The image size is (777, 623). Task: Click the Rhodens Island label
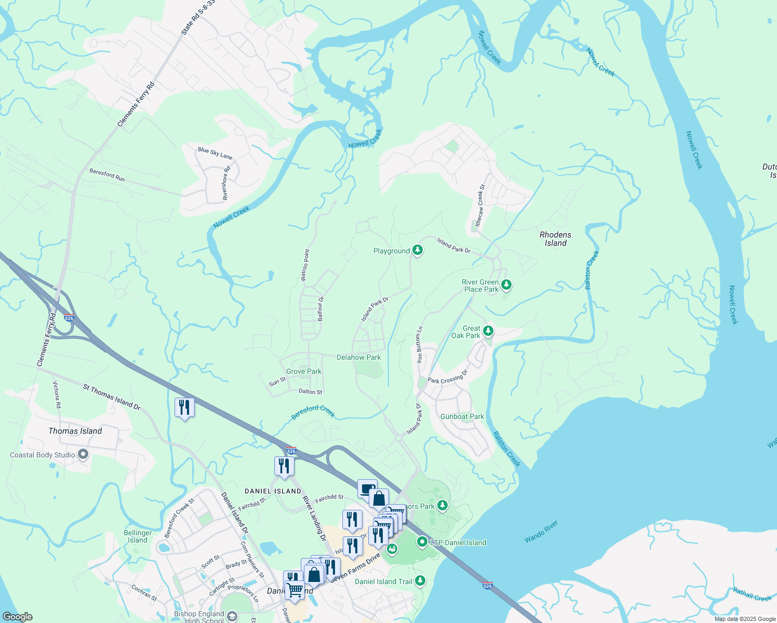555,239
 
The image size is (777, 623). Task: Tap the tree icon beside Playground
418,250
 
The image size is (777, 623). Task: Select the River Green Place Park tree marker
506,285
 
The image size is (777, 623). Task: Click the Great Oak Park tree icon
488,331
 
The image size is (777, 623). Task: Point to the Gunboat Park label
462,416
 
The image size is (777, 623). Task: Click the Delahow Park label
358,357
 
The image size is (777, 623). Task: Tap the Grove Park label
303,371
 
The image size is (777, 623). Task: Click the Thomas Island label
75,431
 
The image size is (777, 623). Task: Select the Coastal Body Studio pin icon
83,455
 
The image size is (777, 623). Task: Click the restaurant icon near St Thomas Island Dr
184,408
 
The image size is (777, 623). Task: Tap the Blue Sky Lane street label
215,153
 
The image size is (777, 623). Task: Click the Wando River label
541,532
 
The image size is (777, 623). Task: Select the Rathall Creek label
752,594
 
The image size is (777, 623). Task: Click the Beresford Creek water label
313,411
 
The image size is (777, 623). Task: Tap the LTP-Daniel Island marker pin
422,543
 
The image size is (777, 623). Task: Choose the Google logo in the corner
18,617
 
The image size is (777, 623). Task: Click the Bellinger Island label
138,536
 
